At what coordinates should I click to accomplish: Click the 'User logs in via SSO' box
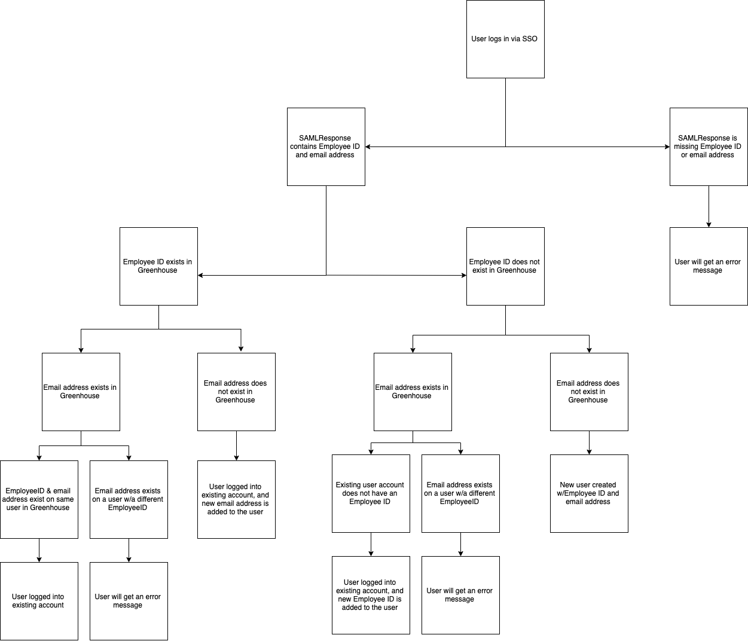click(505, 39)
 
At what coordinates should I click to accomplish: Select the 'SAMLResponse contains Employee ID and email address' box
click(326, 146)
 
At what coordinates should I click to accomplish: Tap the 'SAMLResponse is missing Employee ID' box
click(709, 146)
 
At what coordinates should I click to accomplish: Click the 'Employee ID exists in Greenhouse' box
click(158, 266)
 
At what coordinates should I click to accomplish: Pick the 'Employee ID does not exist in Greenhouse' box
click(505, 266)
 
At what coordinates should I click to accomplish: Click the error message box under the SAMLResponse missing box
click(709, 266)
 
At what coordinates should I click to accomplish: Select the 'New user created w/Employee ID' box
click(589, 493)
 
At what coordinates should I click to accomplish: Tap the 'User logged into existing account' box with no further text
click(39, 601)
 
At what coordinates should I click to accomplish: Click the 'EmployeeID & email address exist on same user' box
click(39, 499)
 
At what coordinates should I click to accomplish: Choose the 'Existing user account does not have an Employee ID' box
click(371, 493)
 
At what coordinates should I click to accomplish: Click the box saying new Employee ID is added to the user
click(371, 595)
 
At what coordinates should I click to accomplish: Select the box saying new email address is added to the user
click(236, 499)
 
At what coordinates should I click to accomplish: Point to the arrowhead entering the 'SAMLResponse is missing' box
click(667, 146)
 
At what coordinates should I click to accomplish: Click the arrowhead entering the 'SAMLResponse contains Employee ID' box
click(368, 146)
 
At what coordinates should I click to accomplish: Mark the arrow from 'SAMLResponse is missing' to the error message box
click(709, 207)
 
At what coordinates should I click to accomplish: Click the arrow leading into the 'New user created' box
click(589, 443)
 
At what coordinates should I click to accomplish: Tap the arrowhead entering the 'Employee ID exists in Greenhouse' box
click(201, 275)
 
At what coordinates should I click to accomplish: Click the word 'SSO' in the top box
click(530, 39)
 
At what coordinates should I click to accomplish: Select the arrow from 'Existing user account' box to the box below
click(371, 545)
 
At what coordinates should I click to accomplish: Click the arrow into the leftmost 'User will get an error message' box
click(129, 551)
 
